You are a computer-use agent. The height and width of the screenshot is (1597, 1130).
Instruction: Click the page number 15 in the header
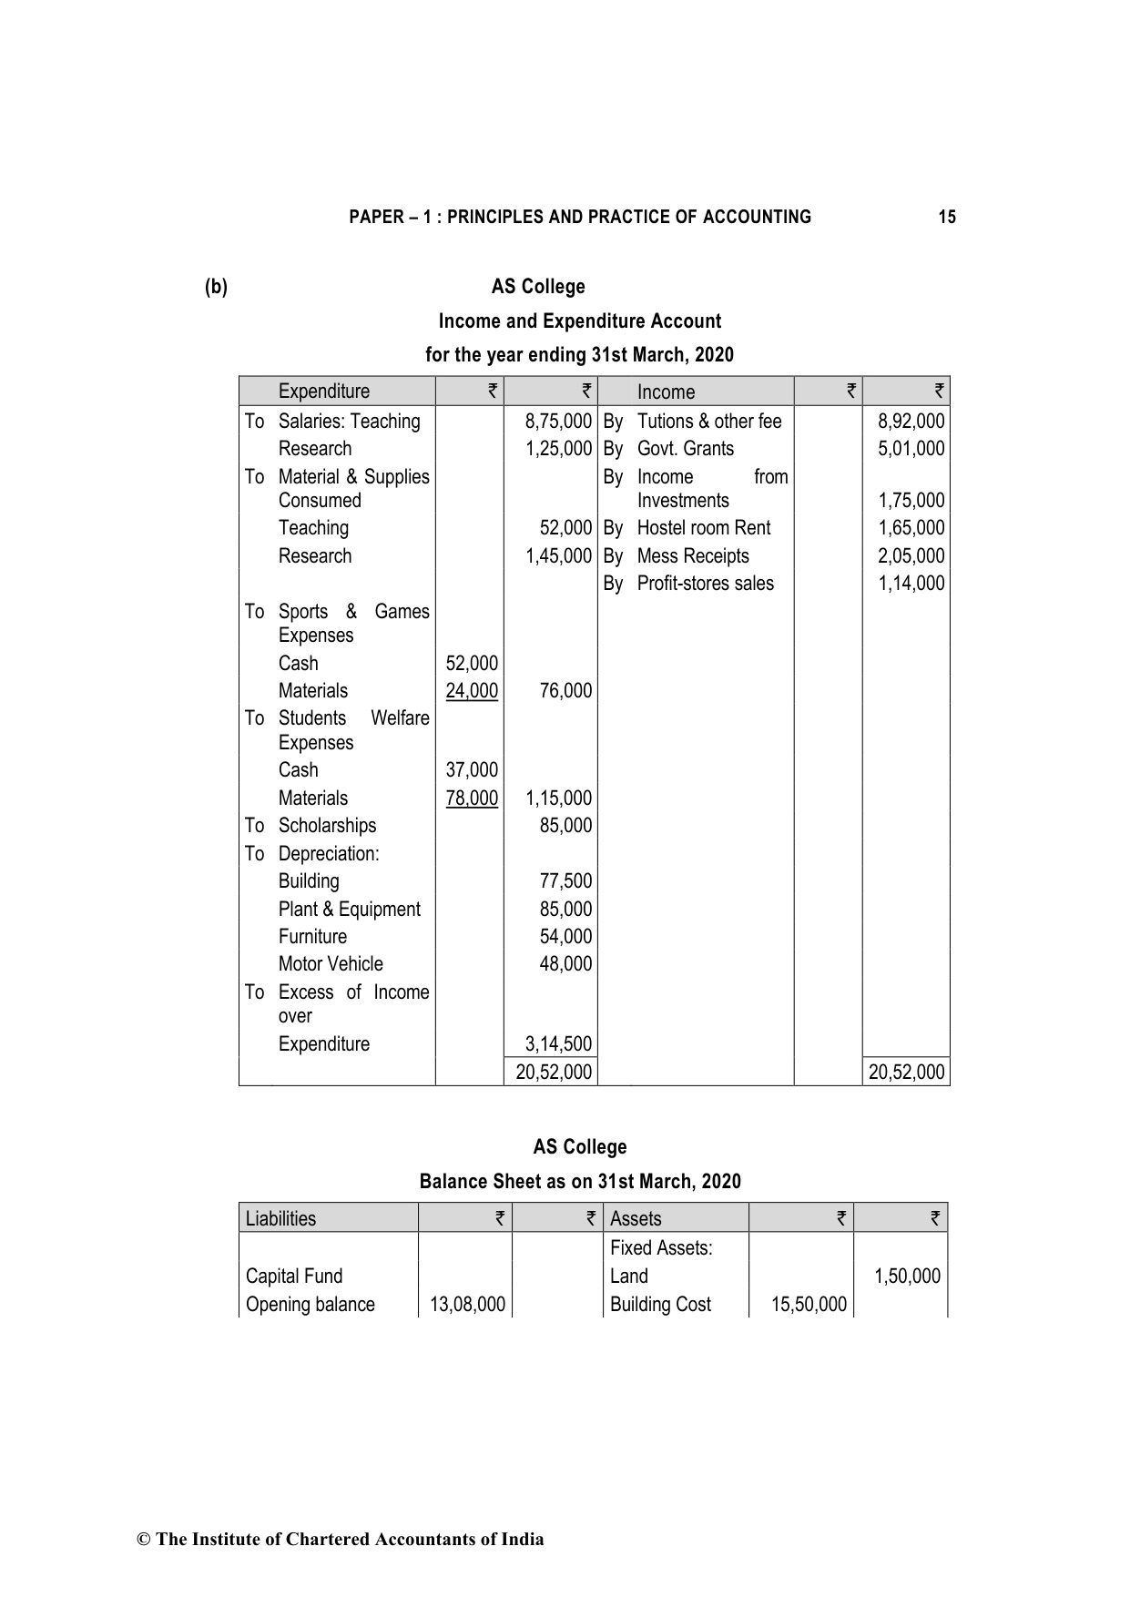click(x=947, y=217)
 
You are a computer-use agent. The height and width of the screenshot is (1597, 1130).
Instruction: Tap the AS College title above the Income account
click(x=538, y=287)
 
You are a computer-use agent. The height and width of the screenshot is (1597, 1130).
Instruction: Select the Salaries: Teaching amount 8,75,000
click(x=558, y=422)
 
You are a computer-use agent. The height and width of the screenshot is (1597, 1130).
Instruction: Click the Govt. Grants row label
click(x=685, y=449)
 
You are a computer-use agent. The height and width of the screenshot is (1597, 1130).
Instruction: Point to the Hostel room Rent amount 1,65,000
click(x=911, y=528)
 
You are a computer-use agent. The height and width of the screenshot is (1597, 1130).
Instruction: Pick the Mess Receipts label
click(x=693, y=556)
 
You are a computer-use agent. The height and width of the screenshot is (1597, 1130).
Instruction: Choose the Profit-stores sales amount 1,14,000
click(x=911, y=584)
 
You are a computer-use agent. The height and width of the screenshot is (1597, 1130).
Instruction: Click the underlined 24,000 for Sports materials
click(x=472, y=691)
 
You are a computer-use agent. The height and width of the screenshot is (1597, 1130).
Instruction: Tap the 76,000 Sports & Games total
click(x=565, y=691)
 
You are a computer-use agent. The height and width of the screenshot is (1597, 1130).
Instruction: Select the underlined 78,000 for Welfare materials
click(x=472, y=798)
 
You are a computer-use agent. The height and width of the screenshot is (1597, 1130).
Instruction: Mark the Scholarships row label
click(x=327, y=826)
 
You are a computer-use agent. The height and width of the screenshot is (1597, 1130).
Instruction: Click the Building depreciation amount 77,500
click(x=565, y=881)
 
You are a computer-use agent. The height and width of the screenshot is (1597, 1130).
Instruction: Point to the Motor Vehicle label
click(x=331, y=964)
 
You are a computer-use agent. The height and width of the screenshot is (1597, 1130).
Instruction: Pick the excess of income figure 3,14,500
click(x=558, y=1044)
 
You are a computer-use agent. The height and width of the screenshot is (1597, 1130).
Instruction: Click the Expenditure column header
click(x=324, y=392)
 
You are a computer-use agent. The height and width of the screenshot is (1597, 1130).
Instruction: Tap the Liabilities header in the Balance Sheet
click(x=280, y=1219)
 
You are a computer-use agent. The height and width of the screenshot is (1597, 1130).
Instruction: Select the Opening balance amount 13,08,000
click(x=467, y=1305)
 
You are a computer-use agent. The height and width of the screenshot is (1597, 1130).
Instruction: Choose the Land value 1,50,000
click(x=907, y=1277)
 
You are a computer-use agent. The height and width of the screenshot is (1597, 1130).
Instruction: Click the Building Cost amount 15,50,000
click(x=809, y=1305)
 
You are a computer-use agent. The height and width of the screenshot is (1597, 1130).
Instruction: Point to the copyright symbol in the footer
click(x=143, y=1540)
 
